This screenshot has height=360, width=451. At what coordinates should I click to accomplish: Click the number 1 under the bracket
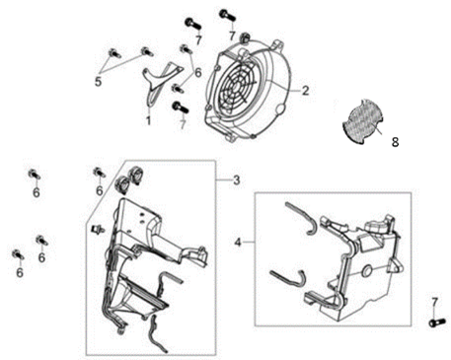click(148, 120)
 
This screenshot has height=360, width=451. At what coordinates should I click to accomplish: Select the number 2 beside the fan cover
click(306, 91)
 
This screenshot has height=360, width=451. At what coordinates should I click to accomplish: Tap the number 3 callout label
click(237, 180)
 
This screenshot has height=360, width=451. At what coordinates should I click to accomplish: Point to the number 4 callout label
click(238, 243)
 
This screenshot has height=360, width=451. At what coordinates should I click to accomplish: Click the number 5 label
click(98, 82)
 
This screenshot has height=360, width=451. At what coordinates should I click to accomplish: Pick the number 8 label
click(395, 142)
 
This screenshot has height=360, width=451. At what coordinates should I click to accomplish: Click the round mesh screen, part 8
click(362, 121)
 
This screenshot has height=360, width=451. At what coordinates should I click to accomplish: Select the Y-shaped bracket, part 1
click(161, 83)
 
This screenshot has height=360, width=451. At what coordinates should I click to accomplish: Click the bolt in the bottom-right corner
click(438, 323)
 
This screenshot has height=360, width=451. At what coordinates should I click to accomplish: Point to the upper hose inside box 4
click(301, 218)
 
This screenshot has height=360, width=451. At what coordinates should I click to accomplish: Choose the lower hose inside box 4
click(289, 278)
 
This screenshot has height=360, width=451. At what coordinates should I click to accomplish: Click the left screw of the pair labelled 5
click(113, 53)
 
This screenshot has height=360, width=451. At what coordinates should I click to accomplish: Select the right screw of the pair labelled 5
click(146, 51)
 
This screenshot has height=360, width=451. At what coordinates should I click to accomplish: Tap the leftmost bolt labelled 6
click(17, 254)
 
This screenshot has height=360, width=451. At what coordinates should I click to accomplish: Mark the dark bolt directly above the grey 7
click(180, 107)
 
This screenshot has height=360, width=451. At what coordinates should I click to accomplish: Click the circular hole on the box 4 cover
click(366, 271)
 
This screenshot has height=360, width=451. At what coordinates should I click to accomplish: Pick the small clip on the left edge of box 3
click(98, 228)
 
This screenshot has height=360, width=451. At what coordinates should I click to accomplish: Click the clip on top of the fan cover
click(245, 37)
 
